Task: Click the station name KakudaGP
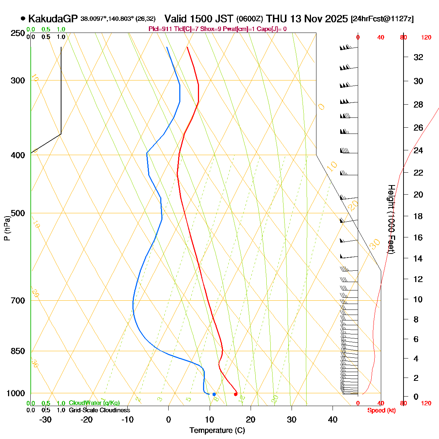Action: coord(53,19)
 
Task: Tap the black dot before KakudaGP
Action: coord(23,18)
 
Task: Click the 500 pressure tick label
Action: coord(18,213)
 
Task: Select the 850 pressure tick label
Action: coord(18,351)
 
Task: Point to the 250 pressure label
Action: coord(18,33)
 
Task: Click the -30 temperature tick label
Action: coord(45,420)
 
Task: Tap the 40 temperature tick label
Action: coord(333,420)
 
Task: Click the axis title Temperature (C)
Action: coord(217,431)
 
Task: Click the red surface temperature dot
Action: coord(236,394)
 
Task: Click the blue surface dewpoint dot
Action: coord(214,394)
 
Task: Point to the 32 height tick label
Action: coord(418,57)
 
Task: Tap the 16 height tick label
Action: coord(418,237)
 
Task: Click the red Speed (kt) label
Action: coord(382,410)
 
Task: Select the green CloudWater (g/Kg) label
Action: coord(94,403)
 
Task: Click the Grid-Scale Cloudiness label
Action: coord(99,410)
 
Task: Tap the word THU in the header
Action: coord(277,19)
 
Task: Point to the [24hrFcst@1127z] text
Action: coord(382,19)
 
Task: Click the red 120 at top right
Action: coord(426,37)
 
